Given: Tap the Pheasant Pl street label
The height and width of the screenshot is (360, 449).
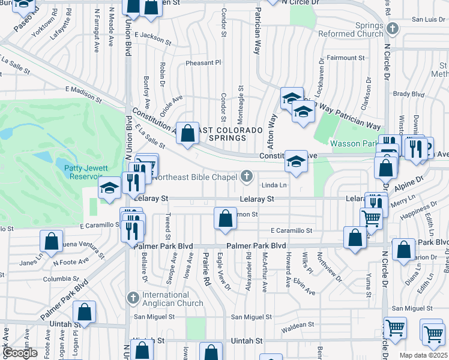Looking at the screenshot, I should click(203, 62).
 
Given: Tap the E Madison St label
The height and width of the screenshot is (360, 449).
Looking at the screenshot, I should click(80, 90).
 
